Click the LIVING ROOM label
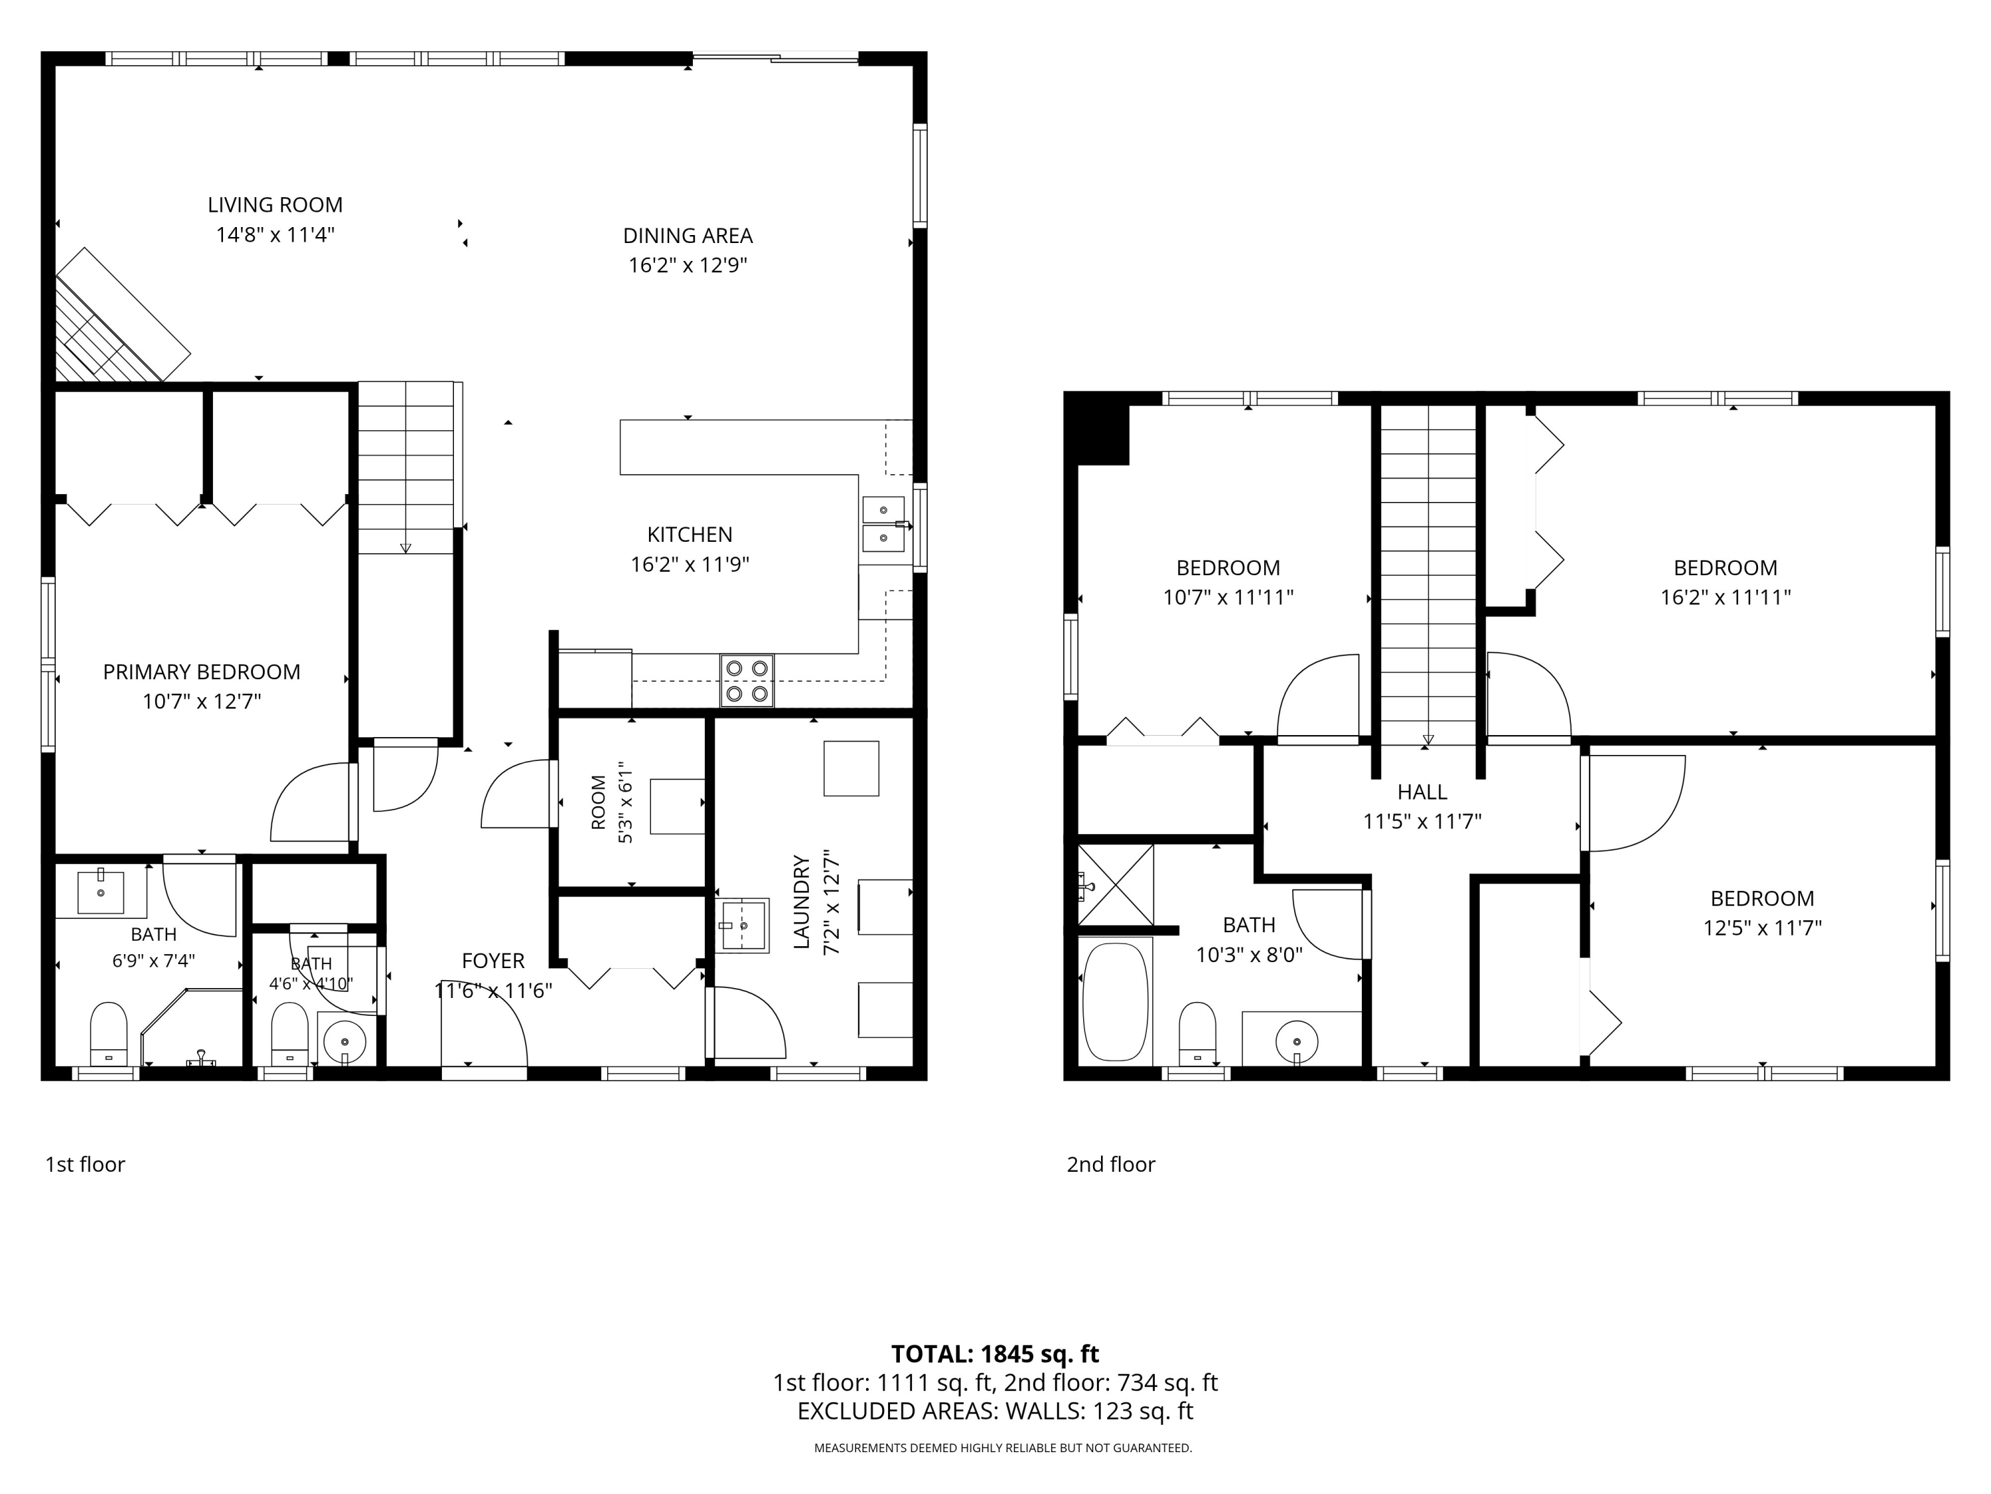(x=275, y=205)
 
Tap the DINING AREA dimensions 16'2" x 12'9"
(x=689, y=266)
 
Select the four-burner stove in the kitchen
(x=747, y=681)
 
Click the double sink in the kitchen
(x=884, y=524)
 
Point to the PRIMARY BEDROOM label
(x=202, y=672)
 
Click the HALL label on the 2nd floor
(x=1422, y=792)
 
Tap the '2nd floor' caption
(x=1111, y=1165)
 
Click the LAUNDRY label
(x=802, y=902)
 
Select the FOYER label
(x=493, y=961)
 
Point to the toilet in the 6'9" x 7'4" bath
(x=109, y=1034)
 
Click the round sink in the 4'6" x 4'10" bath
(x=344, y=1041)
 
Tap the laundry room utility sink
(x=743, y=925)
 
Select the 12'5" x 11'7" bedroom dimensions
(x=1763, y=928)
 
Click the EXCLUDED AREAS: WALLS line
(x=995, y=1411)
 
